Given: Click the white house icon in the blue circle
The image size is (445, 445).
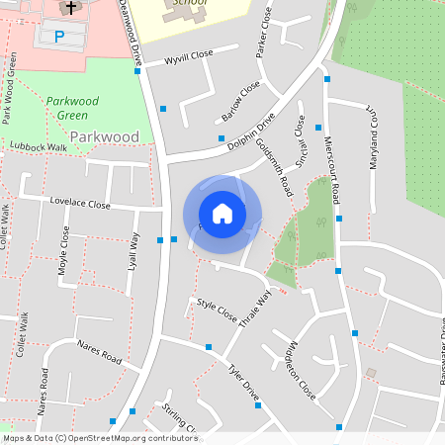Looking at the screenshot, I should tap(222, 213).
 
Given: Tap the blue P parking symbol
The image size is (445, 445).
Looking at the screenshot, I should tap(59, 37).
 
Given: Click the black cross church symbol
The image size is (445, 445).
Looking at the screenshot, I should tap(70, 9).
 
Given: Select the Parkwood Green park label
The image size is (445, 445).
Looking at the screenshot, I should tap(72, 108).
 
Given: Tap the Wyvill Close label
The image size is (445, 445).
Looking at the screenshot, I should tap(189, 58).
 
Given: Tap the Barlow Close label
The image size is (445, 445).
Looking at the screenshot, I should tap(240, 101).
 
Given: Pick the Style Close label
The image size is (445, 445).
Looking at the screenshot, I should tap(217, 311).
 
